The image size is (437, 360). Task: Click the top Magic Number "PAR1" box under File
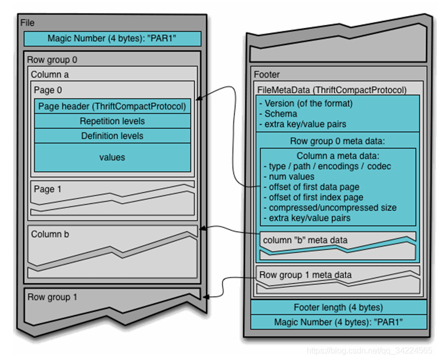pyautogui.click(x=112, y=39)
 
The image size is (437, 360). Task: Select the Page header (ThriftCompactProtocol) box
pyautogui.click(x=112, y=107)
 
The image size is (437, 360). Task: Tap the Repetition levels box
pyautogui.click(x=112, y=122)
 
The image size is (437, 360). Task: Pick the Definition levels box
pyautogui.click(x=112, y=136)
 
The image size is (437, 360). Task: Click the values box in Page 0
pyautogui.click(x=112, y=157)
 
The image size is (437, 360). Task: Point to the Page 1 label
pyautogui.click(x=47, y=189)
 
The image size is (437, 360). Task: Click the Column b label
pyautogui.click(x=50, y=234)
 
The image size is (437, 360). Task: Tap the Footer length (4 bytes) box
pyautogui.click(x=338, y=307)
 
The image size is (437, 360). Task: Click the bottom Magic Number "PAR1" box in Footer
pyautogui.click(x=338, y=322)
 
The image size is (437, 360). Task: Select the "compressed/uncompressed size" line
pyautogui.click(x=330, y=208)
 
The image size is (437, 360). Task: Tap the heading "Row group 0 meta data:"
pyautogui.click(x=338, y=141)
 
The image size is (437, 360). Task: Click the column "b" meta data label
pyautogui.click(x=305, y=240)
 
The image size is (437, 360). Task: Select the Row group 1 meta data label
pyautogui.click(x=306, y=275)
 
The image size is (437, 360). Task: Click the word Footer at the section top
pyautogui.click(x=266, y=75)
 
